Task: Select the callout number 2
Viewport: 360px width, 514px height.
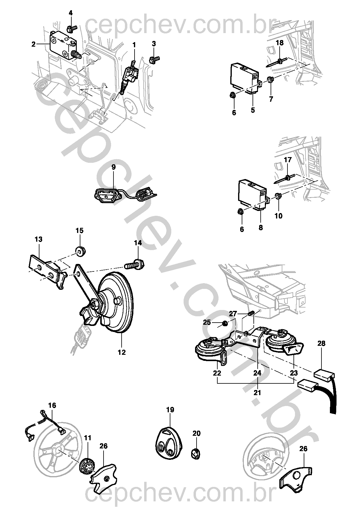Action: [x=34, y=44]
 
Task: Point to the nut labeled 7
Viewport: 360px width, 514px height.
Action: [x=270, y=80]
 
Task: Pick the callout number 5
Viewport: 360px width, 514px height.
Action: [x=253, y=110]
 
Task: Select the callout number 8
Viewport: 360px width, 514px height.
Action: [x=261, y=228]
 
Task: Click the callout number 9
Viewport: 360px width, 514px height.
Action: [x=113, y=167]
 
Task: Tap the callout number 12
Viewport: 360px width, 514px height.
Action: [x=122, y=352]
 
